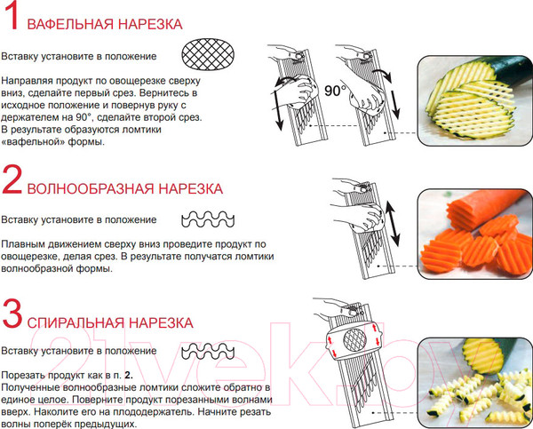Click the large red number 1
coord(12,16)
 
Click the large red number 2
coord(12,179)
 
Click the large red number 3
coord(12,314)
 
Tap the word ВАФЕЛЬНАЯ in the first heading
coord(70,25)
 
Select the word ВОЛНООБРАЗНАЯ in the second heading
coord(91,188)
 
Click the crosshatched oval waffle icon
coord(208,54)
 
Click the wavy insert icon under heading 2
coord(208,219)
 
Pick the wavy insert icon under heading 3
coord(208,351)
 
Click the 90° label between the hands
coord(335,91)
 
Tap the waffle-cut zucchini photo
coord(475,100)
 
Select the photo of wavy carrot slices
coord(475,234)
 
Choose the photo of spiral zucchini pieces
coord(475,383)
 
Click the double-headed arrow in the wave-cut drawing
coord(393,223)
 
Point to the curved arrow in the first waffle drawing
coord(284,82)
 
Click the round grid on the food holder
coord(354,340)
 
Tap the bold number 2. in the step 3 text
coord(129,376)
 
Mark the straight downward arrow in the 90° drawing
coord(394,105)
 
